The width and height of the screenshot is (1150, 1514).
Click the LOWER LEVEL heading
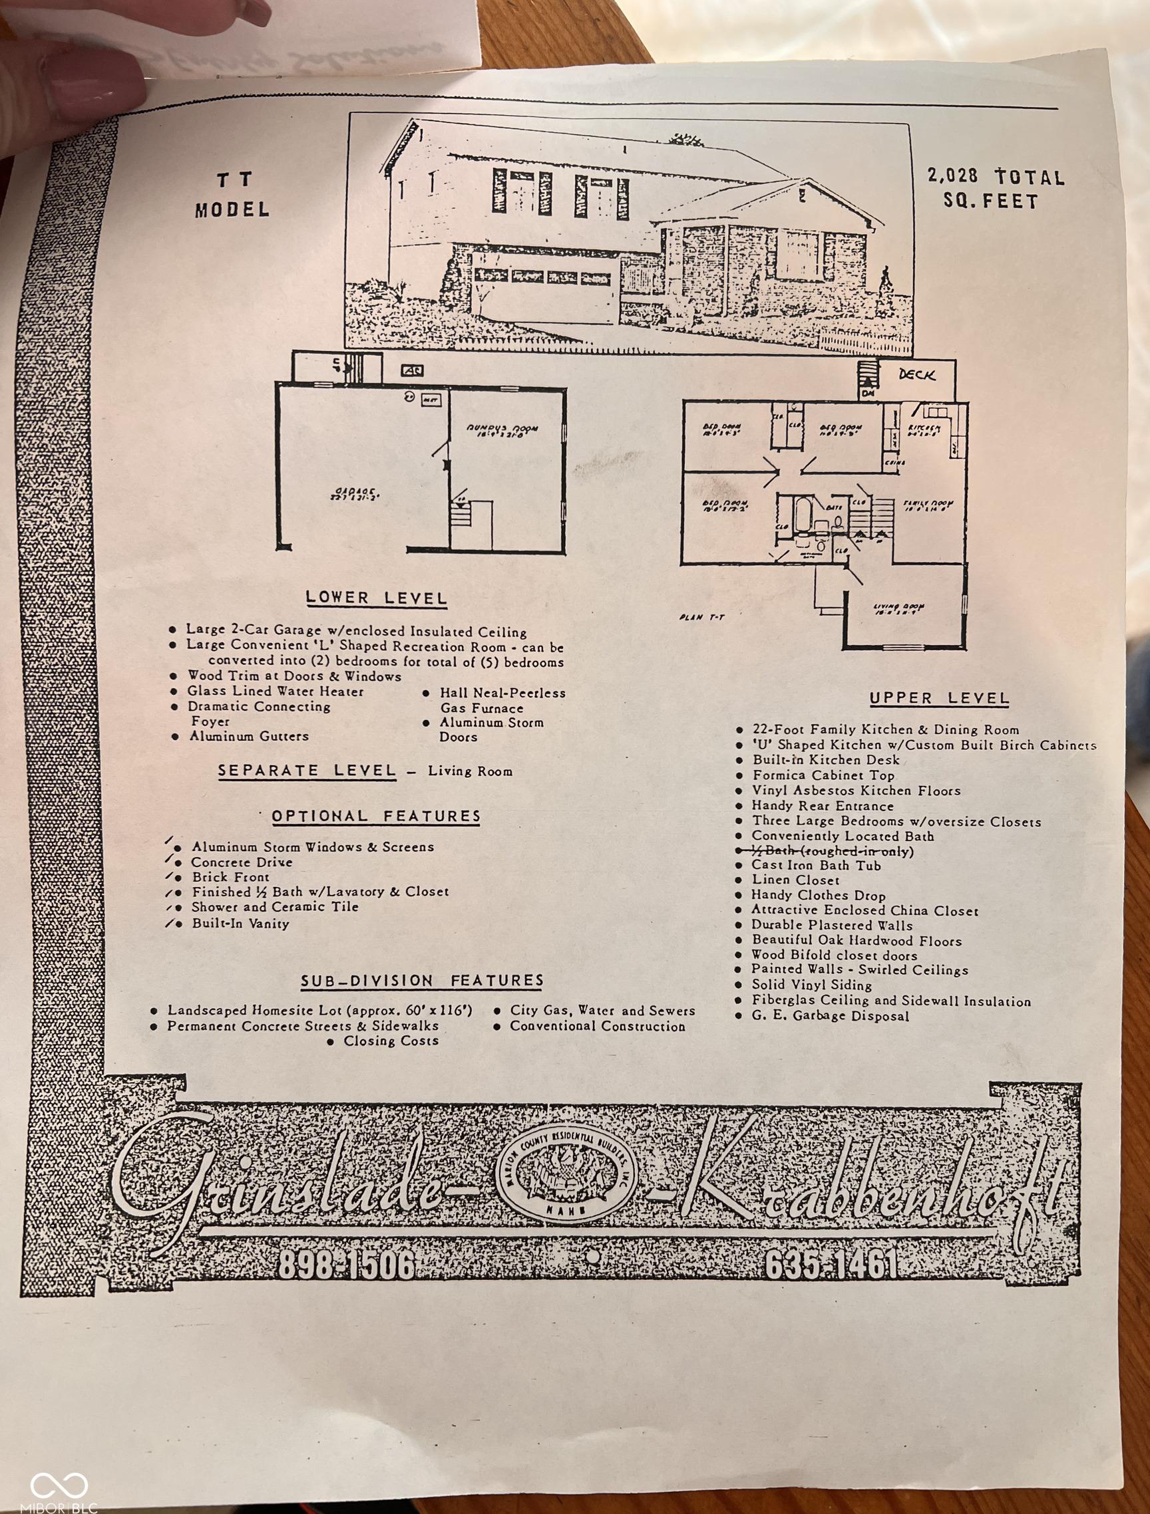[376, 598]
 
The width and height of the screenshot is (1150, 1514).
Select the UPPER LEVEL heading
[939, 698]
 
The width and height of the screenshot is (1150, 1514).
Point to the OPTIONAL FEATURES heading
[376, 816]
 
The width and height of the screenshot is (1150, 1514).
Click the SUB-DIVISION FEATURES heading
[422, 980]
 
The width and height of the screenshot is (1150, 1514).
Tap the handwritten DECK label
[916, 374]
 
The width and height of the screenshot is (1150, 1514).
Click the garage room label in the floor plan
[355, 493]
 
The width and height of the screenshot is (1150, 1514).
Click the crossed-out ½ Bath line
[825, 851]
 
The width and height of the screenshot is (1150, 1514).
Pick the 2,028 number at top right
[953, 176]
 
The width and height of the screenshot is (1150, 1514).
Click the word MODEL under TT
[233, 209]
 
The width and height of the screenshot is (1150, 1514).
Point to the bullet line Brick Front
[230, 877]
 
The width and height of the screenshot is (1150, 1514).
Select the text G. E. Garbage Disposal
[830, 1016]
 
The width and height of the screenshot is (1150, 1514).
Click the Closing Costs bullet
[391, 1041]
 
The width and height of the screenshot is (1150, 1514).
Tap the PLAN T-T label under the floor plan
[702, 618]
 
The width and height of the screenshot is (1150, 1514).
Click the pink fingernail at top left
[96, 86]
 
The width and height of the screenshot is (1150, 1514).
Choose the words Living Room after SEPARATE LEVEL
[470, 771]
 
